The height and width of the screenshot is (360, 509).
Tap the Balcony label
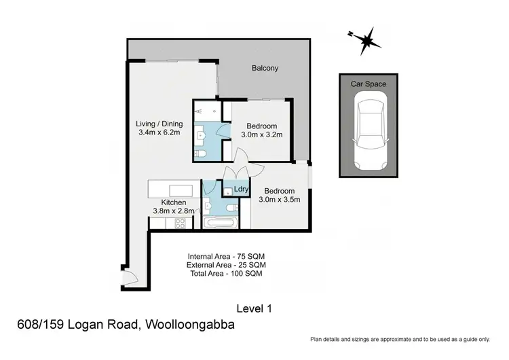tap(265, 69)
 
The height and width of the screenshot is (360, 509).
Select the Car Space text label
tap(369, 84)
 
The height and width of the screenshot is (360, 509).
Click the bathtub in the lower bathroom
tap(219, 222)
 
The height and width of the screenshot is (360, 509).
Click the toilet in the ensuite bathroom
tap(200, 156)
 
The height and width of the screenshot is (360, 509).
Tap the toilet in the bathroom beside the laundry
tap(231, 207)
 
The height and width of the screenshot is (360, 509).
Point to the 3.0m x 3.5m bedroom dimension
tap(280, 200)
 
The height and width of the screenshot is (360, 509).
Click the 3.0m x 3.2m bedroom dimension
tap(261, 135)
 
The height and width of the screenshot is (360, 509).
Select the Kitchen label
tap(173, 202)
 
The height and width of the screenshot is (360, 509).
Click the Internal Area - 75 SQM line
tap(227, 256)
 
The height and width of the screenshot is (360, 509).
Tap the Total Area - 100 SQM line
tap(227, 273)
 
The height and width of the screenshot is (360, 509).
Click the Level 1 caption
tap(254, 308)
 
